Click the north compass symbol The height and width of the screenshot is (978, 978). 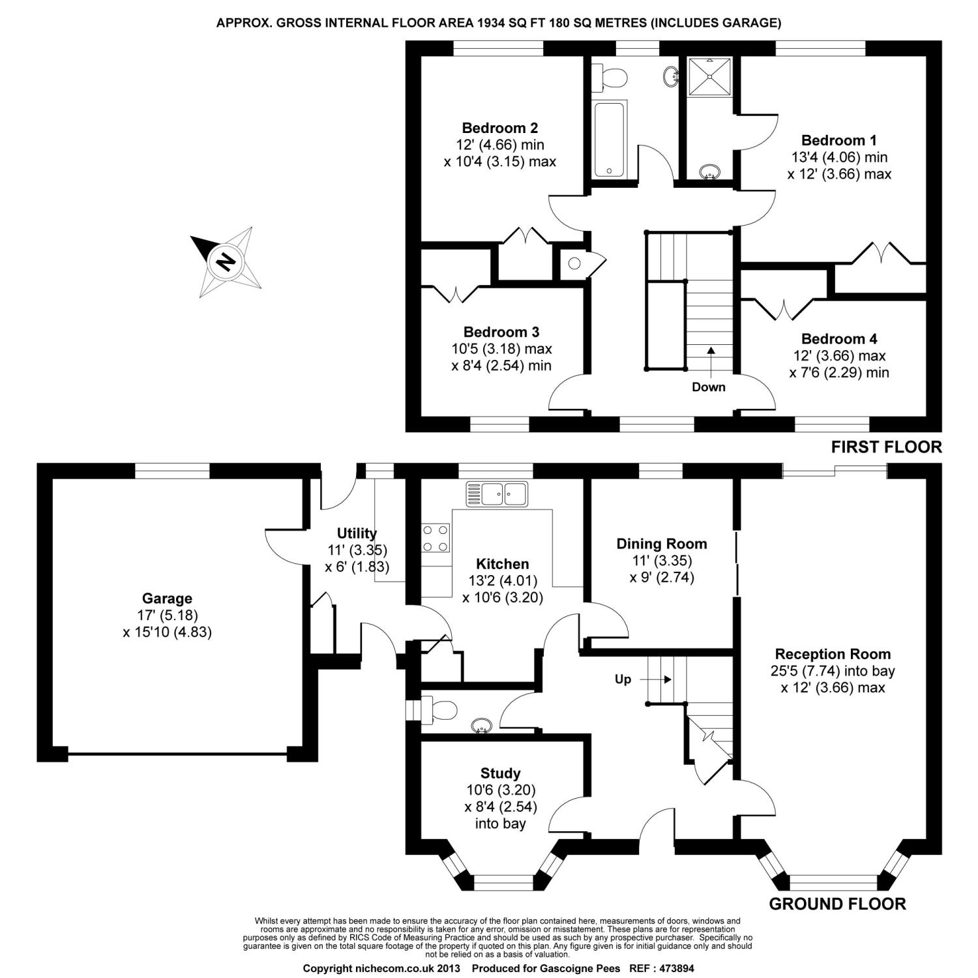pyautogui.click(x=226, y=261)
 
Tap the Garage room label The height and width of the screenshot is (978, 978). pyautogui.click(x=167, y=599)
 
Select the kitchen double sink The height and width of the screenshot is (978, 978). pyautogui.click(x=497, y=494)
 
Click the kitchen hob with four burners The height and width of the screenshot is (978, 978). pyautogui.click(x=436, y=538)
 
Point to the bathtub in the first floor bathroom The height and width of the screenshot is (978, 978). pyautogui.click(x=609, y=139)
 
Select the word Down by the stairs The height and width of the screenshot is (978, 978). pyautogui.click(x=708, y=387)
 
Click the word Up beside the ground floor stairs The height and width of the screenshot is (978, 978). pyautogui.click(x=623, y=679)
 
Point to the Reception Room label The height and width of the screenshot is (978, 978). pyautogui.click(x=833, y=654)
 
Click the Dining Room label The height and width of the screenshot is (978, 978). pyautogui.click(x=661, y=544)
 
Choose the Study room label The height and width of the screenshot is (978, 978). pyautogui.click(x=500, y=773)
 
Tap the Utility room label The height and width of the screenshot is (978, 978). pyautogui.click(x=357, y=533)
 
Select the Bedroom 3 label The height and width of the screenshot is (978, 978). pyautogui.click(x=501, y=332)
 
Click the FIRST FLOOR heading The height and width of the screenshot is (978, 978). pyautogui.click(x=886, y=447)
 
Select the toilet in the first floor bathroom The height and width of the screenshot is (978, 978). pyautogui.click(x=610, y=78)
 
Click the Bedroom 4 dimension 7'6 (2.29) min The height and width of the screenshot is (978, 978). pyautogui.click(x=838, y=373)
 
